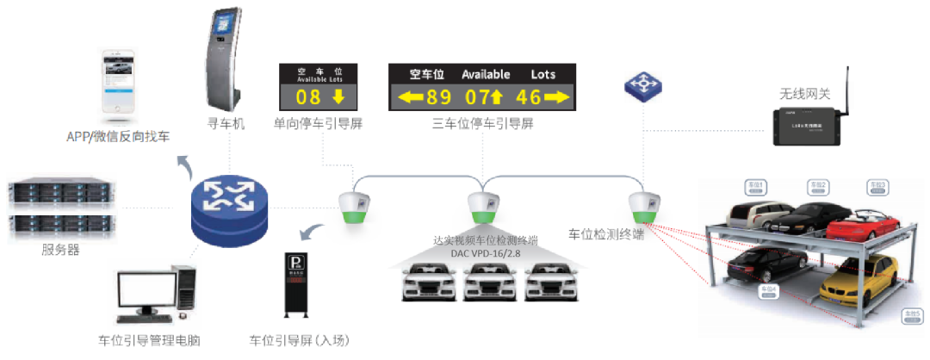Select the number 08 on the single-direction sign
308,96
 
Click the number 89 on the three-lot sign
439,96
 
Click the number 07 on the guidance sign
476,96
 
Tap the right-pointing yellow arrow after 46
558,96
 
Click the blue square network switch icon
642,85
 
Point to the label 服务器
60,251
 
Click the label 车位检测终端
606,234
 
